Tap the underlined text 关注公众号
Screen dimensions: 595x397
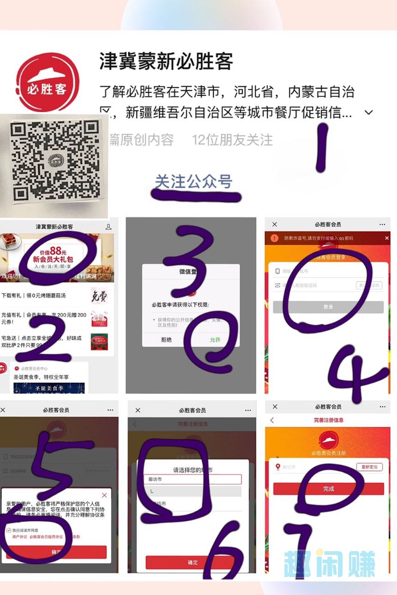click(x=193, y=182)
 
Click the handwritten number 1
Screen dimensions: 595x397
click(x=321, y=147)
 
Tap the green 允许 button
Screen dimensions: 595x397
click(x=215, y=339)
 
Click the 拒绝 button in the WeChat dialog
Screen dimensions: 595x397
click(x=166, y=339)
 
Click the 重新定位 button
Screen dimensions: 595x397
click(x=370, y=467)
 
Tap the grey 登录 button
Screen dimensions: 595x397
click(x=328, y=307)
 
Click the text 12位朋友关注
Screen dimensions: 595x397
click(x=233, y=140)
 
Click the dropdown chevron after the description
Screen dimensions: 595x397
click(x=368, y=113)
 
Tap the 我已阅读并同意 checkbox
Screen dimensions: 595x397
click(x=9, y=530)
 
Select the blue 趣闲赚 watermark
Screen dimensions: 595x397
click(x=330, y=564)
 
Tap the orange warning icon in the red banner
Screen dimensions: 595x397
click(x=275, y=238)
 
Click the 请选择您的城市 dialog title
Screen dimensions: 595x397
click(x=193, y=470)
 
